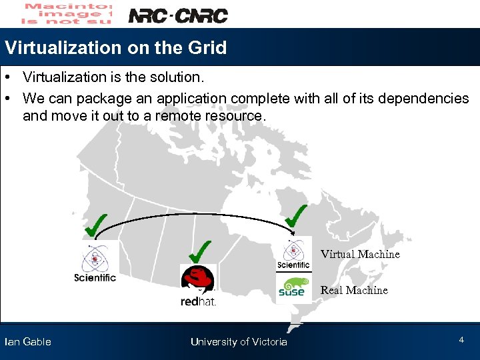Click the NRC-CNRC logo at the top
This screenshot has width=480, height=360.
pos(177,15)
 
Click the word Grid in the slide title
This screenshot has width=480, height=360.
pos(207,48)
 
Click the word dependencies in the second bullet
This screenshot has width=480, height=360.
pos(423,99)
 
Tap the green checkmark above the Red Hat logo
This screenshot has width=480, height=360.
pos(200,251)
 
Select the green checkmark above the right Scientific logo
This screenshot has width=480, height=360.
pos(295,215)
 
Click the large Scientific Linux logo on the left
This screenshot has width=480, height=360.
pos(95,262)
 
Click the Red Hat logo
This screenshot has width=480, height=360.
pos(198,285)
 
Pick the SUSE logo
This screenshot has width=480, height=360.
pos(293,287)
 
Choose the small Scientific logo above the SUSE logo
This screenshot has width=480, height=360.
pos(293,255)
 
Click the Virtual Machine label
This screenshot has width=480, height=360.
pos(360,254)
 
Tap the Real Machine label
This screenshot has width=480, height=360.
pos(354,290)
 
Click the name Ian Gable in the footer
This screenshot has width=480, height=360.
pos(27,342)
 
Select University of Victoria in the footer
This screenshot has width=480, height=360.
pos(239,342)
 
